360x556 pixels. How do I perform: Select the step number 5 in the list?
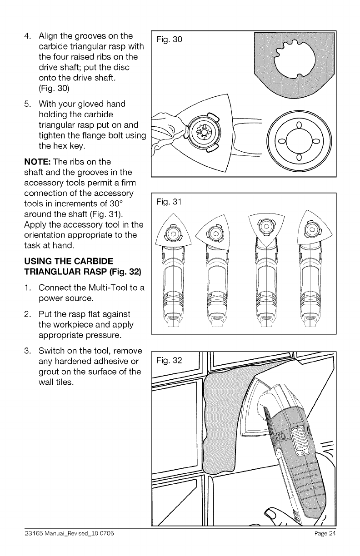[x=27, y=104]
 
